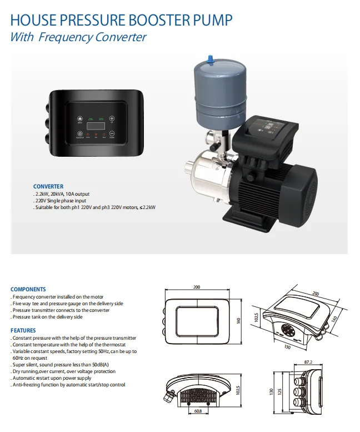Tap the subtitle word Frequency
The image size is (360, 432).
64,38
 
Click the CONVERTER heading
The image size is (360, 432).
48,186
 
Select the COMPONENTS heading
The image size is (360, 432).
28,290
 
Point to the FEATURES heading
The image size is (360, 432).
23,331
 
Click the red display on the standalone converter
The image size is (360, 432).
96,126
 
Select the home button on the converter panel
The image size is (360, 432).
79,118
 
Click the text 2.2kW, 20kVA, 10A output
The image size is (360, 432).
62,193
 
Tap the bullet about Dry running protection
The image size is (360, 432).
64,371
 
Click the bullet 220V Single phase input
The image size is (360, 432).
59,200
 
